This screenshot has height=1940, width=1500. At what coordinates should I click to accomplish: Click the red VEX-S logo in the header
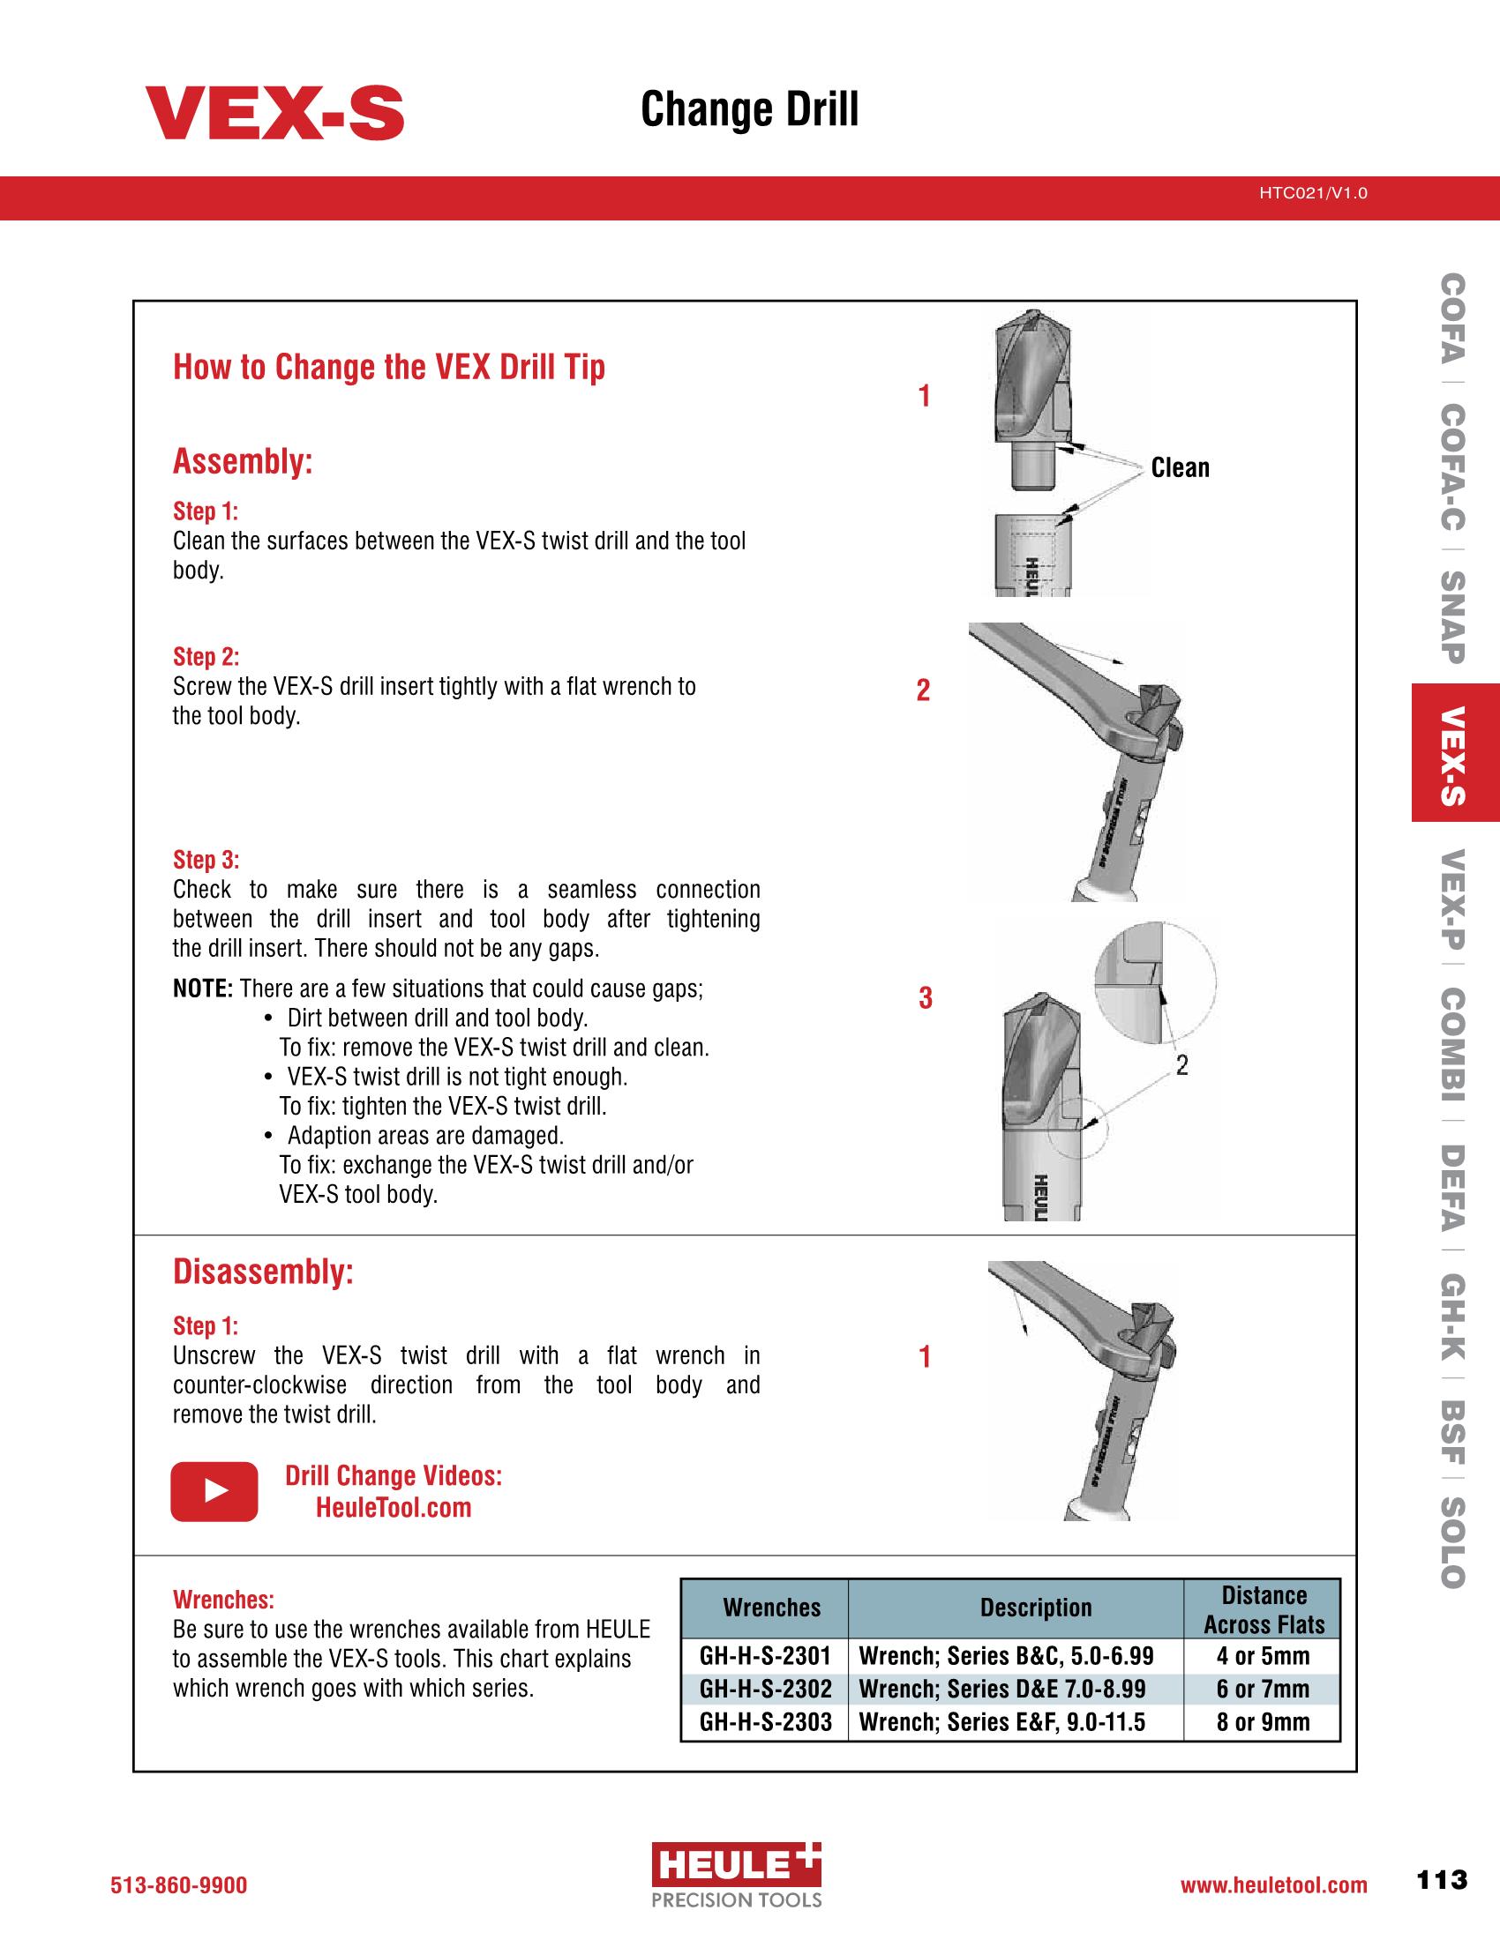click(x=274, y=113)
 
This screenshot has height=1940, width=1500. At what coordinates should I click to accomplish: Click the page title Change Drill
click(x=749, y=110)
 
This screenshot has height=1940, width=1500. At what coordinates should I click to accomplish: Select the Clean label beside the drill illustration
click(x=1180, y=468)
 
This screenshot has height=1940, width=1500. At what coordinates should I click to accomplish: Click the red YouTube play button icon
click(x=214, y=1491)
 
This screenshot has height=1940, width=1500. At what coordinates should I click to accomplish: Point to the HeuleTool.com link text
click(x=394, y=1507)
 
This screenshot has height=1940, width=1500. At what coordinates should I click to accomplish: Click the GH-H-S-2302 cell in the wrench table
click(x=765, y=1689)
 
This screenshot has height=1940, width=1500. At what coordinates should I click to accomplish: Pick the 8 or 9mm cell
click(x=1263, y=1722)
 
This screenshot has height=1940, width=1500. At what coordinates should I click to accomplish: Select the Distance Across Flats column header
click(x=1263, y=1609)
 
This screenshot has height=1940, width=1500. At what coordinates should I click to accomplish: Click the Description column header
click(x=1035, y=1608)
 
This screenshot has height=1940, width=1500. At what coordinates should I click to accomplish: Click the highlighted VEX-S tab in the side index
click(x=1455, y=753)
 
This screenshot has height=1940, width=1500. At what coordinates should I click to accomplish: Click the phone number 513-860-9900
click(x=178, y=1886)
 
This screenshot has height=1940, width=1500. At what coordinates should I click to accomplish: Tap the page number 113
click(x=1443, y=1881)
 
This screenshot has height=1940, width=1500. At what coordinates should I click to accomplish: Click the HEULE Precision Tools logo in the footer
click(x=737, y=1875)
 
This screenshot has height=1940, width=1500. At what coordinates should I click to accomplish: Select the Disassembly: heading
click(x=263, y=1272)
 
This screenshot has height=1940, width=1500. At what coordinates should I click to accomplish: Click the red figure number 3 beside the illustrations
click(x=925, y=999)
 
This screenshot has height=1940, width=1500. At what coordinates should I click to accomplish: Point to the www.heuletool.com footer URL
click(x=1273, y=1886)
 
